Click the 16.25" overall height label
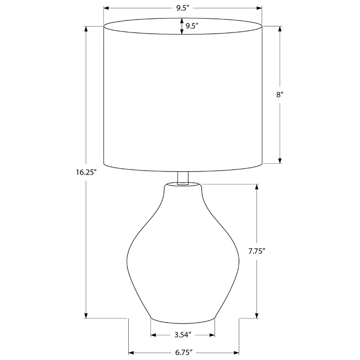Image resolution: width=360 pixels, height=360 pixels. tap(86, 172)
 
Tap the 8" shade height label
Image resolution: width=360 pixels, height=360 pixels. tap(280, 94)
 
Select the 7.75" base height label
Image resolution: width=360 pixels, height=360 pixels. tap(257, 251)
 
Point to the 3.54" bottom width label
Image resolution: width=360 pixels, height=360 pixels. tap(183, 335)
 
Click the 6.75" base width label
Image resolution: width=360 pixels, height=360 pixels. tap(184, 352)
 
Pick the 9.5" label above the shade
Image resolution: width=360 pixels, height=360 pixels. tap(183, 8)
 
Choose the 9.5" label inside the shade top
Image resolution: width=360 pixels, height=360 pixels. tap(192, 26)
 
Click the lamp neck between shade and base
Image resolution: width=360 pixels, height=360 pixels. tap(183, 178)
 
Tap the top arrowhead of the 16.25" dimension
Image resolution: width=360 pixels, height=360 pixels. tap(86, 29)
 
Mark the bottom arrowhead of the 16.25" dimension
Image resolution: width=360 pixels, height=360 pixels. tap(86, 315)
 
